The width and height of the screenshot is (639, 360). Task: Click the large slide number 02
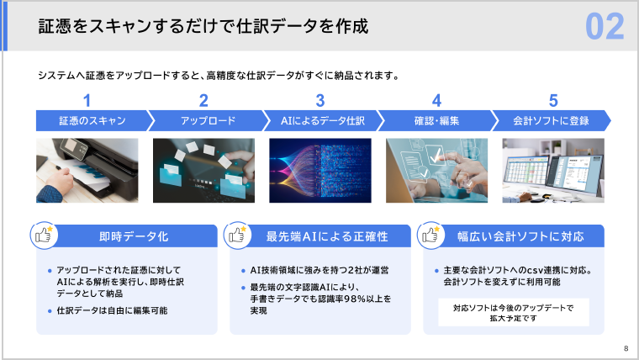click(605, 27)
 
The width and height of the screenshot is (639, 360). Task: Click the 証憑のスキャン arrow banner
click(87, 121)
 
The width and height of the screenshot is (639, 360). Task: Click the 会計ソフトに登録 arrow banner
click(552, 121)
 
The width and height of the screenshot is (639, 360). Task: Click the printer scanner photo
click(87, 171)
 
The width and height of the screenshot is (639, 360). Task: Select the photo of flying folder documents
click(203, 171)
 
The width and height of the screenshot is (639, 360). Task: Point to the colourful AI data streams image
click(320, 171)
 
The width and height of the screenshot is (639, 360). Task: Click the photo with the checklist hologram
click(436, 171)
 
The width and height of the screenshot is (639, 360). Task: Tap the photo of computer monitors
click(552, 171)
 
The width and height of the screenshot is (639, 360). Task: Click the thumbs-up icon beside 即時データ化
click(43, 235)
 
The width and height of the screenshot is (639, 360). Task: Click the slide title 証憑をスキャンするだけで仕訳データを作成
click(203, 27)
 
